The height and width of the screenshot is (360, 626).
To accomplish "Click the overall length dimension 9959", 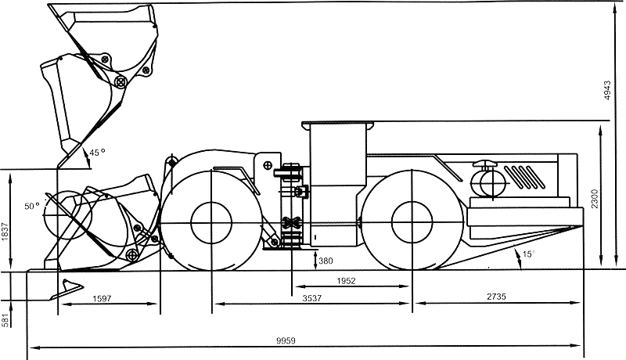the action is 286,340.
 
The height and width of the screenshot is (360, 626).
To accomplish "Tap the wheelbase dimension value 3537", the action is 311,297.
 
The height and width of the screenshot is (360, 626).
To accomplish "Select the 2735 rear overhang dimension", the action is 496,296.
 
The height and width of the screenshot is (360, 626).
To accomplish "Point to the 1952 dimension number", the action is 346,281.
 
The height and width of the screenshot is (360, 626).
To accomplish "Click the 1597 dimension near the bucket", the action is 102,298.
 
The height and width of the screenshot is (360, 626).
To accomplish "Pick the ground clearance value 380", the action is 326,261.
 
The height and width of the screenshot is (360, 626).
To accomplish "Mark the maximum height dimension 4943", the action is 607,90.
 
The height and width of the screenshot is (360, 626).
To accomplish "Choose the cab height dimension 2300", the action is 595,198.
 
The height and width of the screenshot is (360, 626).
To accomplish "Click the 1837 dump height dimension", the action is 5,231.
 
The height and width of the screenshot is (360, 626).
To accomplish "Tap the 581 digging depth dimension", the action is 5,320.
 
